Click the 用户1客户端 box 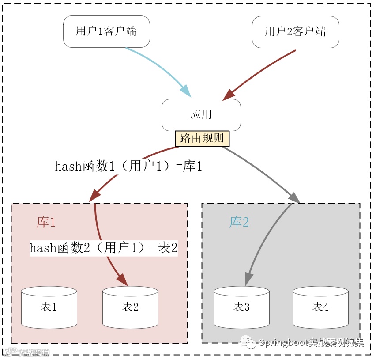coord(106,32)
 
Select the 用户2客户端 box coord(295,32)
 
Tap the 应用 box coord(201,115)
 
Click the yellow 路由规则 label coord(202,138)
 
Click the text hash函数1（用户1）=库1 coord(128,167)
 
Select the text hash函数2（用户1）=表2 coord(104,248)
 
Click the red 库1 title coord(46,222)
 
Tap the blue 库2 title coord(239,222)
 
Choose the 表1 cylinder coord(49,307)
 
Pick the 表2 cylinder coord(130,307)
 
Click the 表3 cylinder coord(241,307)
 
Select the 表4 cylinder coord(320,307)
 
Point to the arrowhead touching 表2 coord(123,281)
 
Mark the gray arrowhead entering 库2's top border coord(295,198)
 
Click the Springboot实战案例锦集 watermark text coord(311,343)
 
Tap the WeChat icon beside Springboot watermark coord(248,342)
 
